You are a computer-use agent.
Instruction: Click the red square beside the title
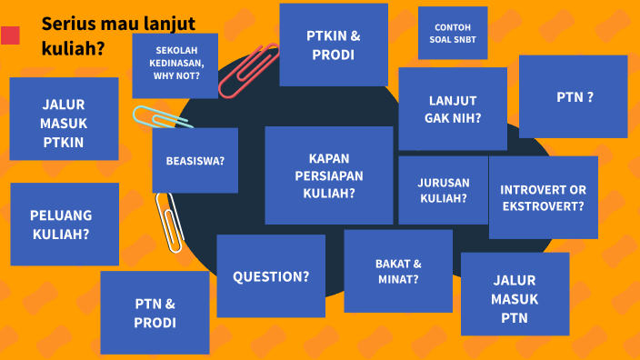click(x=11, y=35)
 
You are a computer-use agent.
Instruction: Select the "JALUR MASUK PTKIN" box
click(x=64, y=118)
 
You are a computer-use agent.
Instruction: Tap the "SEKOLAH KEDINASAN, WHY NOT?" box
click(x=175, y=65)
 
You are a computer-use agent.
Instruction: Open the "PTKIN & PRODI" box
click(x=334, y=45)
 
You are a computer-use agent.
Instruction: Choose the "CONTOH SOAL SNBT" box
click(x=453, y=33)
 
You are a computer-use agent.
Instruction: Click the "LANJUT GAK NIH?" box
click(x=453, y=108)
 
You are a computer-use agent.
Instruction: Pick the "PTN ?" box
click(x=574, y=96)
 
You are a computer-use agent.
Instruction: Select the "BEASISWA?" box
click(x=195, y=160)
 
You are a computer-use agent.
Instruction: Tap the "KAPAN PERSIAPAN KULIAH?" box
click(x=329, y=175)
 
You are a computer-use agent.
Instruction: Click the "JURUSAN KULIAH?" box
click(x=443, y=189)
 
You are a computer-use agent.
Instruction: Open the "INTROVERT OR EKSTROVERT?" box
click(x=544, y=197)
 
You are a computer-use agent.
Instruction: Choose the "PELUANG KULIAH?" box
click(x=65, y=224)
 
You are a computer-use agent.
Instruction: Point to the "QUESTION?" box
click(x=271, y=275)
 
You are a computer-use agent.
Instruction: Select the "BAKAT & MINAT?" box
click(x=398, y=271)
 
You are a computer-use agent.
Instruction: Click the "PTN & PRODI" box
click(x=155, y=312)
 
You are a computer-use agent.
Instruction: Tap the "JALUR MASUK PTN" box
click(x=515, y=294)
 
